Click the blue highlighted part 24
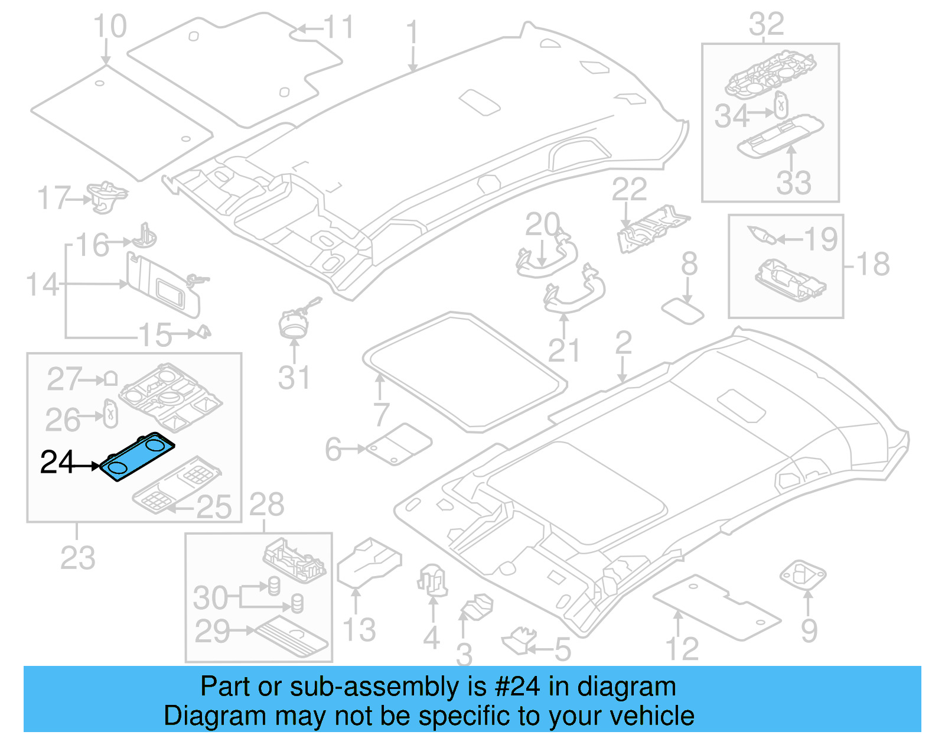[138, 457]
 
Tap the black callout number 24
[57, 463]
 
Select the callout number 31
[294, 378]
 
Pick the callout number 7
[381, 414]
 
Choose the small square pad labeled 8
[683, 311]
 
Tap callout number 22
[628, 190]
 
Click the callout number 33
[793, 183]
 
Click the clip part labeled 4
[432, 579]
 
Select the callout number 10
[110, 27]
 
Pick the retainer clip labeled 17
[106, 196]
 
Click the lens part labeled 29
[292, 635]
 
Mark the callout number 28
[266, 505]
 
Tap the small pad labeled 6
[399, 444]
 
